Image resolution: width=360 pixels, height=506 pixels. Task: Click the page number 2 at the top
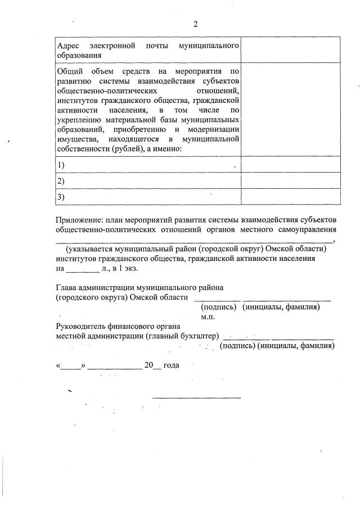(x=195, y=24)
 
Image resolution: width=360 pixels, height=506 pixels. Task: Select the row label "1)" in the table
(x=61, y=164)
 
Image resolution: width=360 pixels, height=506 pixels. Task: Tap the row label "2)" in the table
(x=61, y=180)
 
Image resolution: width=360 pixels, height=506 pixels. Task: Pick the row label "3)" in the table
(x=61, y=197)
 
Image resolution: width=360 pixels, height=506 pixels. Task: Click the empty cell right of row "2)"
(x=291, y=180)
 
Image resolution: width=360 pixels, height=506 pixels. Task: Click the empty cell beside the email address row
(x=291, y=49)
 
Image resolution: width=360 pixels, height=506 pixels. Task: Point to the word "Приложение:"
(x=79, y=219)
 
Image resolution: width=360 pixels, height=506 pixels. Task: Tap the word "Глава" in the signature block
(x=67, y=288)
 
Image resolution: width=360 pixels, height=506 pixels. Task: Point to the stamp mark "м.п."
(x=209, y=317)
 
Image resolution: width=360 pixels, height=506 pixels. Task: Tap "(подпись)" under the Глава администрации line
(x=219, y=307)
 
